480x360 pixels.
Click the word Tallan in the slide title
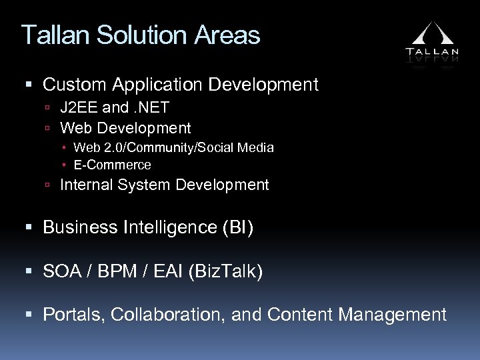[53, 35]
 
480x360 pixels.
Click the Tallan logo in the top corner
[431, 41]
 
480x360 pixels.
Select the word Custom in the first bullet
[76, 85]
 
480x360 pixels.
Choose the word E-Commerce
[112, 165]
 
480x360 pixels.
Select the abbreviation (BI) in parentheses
[240, 228]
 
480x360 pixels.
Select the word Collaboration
[167, 315]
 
